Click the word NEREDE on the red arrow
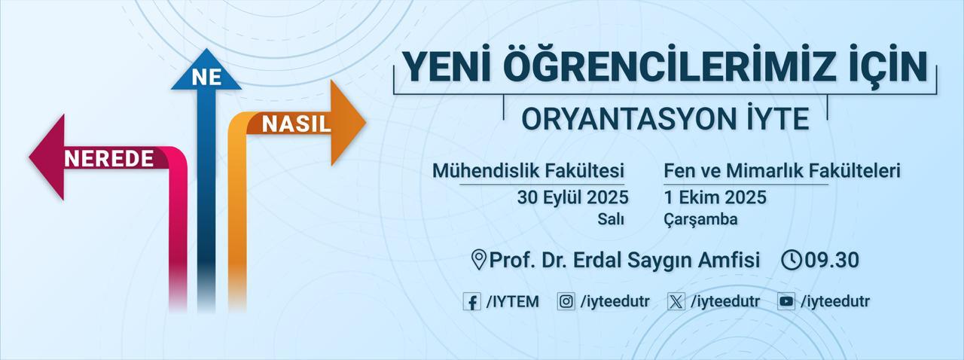coord(108,159)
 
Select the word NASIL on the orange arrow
coord(297,124)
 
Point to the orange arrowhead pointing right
coord(348,122)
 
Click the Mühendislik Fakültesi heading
coord(528,171)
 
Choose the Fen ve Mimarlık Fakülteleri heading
coord(782,171)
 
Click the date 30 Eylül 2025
coord(572,197)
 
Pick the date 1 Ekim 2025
coord(715,197)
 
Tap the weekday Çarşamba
coord(700,219)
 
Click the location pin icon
coord(478,260)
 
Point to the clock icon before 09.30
coord(792,260)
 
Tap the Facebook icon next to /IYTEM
coord(472,302)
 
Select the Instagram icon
coord(566,302)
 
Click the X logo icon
coord(676,302)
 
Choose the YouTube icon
coord(786,302)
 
